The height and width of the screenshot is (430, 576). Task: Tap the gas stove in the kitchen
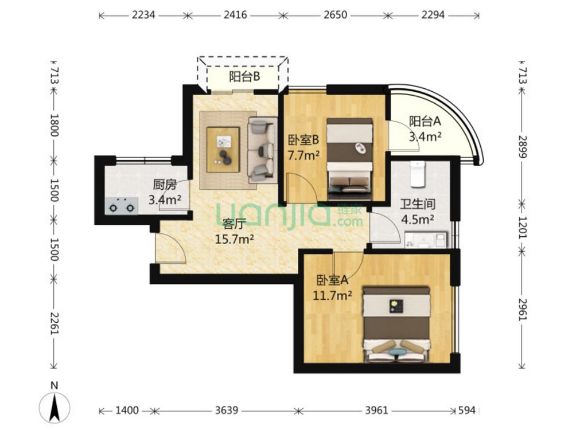(x=122, y=206)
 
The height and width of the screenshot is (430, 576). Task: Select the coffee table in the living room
(x=223, y=150)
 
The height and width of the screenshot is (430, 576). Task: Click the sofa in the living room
(x=262, y=150)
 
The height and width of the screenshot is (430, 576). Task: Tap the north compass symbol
(x=55, y=404)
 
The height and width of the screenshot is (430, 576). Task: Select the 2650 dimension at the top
(x=336, y=15)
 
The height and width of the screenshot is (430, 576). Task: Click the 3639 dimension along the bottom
(x=226, y=410)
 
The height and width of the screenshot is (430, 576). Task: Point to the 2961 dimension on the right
(x=523, y=310)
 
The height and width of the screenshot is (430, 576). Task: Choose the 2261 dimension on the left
(x=53, y=323)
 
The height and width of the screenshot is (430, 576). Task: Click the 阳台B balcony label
(x=244, y=77)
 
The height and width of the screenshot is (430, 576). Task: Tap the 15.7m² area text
(x=235, y=240)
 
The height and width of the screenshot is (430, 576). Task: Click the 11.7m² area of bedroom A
(x=332, y=295)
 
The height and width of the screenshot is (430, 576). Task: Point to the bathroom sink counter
(x=426, y=240)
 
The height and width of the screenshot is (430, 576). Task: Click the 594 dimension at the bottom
(x=466, y=410)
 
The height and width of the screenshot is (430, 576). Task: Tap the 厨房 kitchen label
(x=165, y=185)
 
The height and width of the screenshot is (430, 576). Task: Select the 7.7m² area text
(x=303, y=155)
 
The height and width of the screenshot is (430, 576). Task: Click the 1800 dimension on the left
(x=53, y=125)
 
